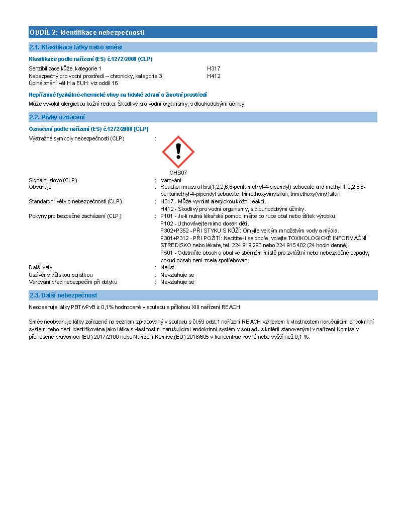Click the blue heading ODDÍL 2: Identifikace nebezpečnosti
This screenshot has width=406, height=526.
(87, 33)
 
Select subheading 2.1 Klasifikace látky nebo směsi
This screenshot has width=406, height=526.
(75, 47)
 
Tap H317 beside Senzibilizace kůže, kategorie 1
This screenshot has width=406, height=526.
(214, 68)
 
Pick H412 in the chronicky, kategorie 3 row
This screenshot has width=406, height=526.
(214, 76)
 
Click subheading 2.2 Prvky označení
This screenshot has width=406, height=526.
(57, 117)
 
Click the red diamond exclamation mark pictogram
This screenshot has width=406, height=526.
(178, 152)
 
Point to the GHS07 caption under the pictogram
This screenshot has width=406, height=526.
(178, 173)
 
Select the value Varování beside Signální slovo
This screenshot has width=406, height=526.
(171, 180)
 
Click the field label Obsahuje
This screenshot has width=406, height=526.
(40, 187)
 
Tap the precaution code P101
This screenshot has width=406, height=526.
(166, 216)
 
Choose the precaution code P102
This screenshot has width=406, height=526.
(166, 223)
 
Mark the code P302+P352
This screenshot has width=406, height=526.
(173, 231)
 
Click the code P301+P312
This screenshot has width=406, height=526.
(173, 238)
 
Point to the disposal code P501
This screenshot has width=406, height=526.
(166, 253)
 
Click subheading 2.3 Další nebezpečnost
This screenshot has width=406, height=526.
(63, 295)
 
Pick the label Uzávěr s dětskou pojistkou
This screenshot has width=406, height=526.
(61, 275)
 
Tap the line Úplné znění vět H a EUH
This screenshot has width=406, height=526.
(73, 83)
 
